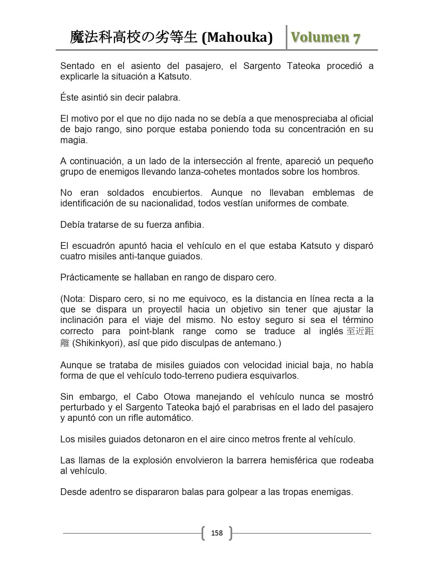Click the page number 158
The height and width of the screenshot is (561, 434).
[x=217, y=533]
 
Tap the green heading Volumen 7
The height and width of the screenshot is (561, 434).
[x=325, y=37]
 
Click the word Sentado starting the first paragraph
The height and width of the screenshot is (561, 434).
[x=78, y=66]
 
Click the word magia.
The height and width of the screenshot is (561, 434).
[x=74, y=140]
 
